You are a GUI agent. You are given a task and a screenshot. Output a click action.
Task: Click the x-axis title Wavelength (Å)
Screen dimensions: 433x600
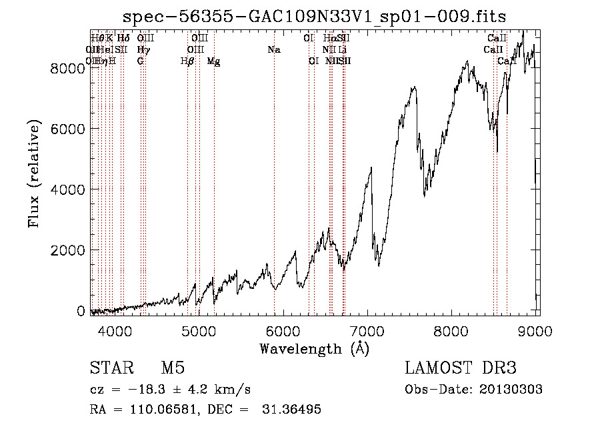click(314, 348)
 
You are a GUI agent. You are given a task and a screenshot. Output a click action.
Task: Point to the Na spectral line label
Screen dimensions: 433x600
click(274, 50)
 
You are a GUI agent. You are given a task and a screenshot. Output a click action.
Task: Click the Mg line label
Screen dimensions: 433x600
click(213, 61)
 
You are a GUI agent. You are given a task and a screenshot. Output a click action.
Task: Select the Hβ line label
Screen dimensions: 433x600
click(187, 61)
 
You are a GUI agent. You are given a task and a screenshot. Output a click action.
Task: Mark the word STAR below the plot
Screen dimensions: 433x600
click(111, 368)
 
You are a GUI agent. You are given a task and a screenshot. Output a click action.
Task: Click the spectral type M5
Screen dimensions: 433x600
click(172, 368)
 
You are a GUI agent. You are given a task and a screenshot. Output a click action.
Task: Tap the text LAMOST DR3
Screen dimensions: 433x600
click(461, 368)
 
